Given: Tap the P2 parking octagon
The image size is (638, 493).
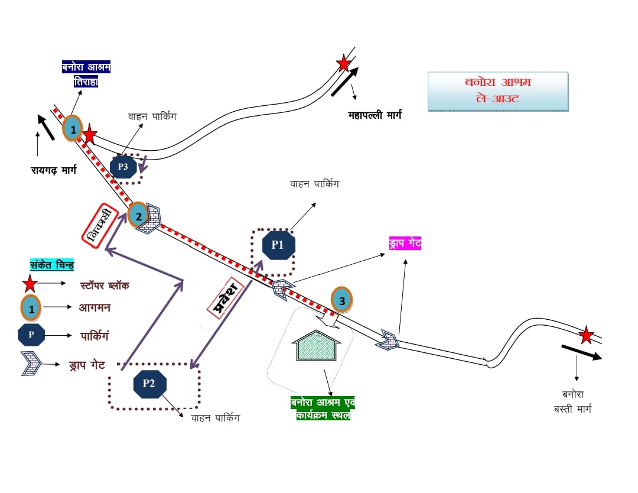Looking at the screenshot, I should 149,384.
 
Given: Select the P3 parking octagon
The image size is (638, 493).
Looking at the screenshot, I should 123,167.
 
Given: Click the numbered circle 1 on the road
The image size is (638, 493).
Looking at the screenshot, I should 73,129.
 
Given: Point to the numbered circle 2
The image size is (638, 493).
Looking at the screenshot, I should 139,216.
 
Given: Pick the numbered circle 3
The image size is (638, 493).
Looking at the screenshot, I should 342,300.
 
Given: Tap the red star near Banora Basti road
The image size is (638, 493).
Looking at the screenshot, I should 585,335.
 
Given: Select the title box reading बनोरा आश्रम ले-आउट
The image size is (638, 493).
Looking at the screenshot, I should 497,91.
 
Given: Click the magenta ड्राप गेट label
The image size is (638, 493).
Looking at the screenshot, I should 405,243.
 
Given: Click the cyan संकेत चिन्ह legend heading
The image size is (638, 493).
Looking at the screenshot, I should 51,265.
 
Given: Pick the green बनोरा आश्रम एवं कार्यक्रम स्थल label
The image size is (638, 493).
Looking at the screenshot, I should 323,408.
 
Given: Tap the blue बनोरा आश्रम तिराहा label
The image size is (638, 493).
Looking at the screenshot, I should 86,74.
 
